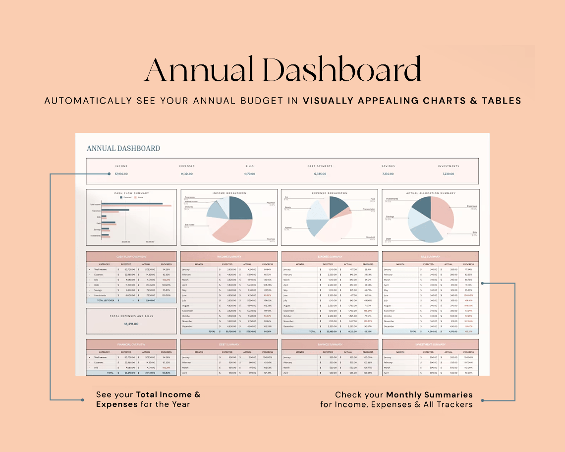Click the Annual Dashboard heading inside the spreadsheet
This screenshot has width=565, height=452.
[x=123, y=148]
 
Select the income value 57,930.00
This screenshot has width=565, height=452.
[x=121, y=174]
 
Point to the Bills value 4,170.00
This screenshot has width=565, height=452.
[x=249, y=174]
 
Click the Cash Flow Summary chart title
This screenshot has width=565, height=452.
[x=131, y=193]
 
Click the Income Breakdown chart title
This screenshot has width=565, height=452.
[x=229, y=193]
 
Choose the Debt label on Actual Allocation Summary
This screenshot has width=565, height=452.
[x=388, y=239]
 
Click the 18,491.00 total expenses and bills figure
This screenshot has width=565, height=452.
[x=131, y=324]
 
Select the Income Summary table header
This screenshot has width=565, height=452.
[x=229, y=257]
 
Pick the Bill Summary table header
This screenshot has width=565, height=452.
[x=430, y=257]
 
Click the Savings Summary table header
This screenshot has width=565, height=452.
[x=330, y=344]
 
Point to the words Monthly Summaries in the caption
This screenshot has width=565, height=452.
[x=429, y=395]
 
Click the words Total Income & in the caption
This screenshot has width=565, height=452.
[x=169, y=395]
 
